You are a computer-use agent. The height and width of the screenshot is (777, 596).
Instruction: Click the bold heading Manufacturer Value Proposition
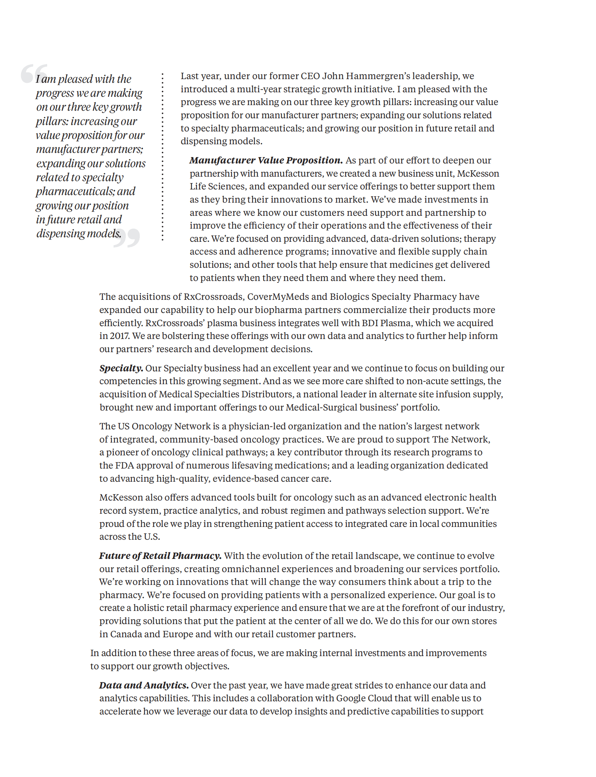266,160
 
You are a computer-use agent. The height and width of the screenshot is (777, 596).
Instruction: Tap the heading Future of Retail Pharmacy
160,556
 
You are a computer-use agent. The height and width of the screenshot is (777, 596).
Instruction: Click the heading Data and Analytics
144,685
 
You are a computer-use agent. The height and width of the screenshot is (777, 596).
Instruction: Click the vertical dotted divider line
163,157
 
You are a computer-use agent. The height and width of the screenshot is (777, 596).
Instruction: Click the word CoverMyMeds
278,297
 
